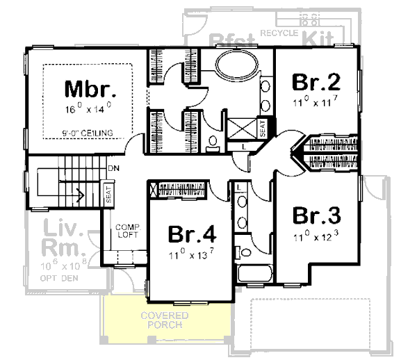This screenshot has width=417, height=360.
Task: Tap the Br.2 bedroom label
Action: click(316, 83)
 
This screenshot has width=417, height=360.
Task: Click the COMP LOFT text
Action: click(128, 231)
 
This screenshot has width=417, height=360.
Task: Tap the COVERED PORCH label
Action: click(165, 320)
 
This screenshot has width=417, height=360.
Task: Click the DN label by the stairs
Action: click(113, 169)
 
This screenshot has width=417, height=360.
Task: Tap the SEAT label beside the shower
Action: click(263, 128)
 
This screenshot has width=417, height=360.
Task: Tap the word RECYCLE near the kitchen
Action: click(279, 33)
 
